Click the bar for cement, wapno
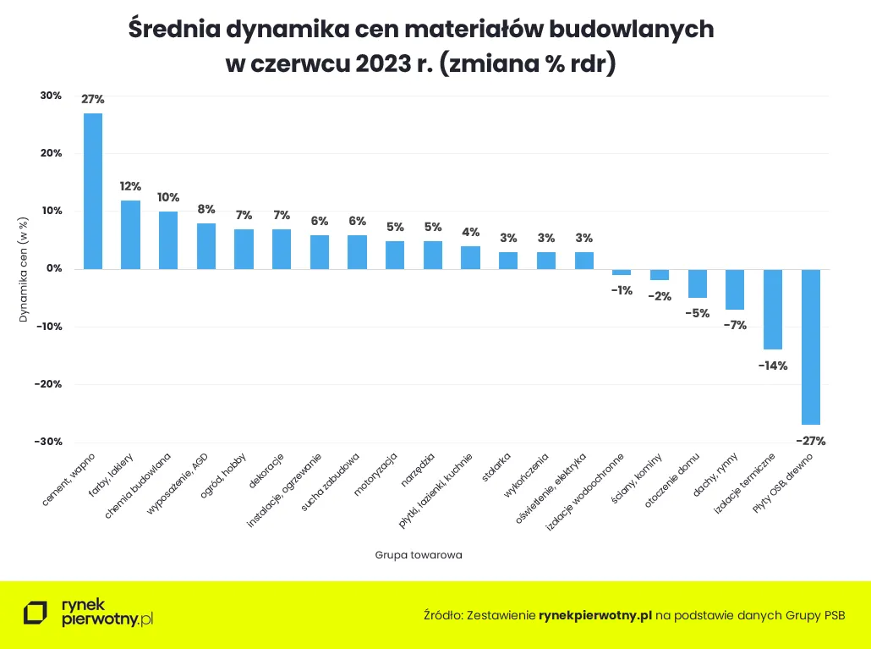click(x=93, y=191)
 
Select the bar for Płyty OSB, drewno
click(x=810, y=347)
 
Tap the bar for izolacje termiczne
click(x=773, y=309)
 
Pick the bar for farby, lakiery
click(x=130, y=234)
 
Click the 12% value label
click(x=130, y=186)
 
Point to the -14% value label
click(x=773, y=366)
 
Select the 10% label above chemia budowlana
click(x=168, y=197)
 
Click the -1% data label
click(x=622, y=290)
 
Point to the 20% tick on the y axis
click(x=50, y=153)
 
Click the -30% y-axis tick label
click(x=48, y=442)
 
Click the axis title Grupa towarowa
click(x=419, y=555)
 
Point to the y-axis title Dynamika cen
click(x=24, y=269)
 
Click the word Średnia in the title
click(x=173, y=29)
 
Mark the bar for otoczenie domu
click(x=697, y=283)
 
